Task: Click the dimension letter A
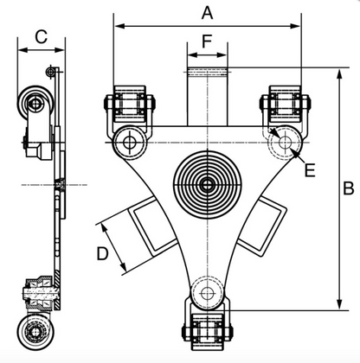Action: coord(207,12)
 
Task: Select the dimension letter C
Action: coord(40,35)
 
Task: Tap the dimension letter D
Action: coord(102,254)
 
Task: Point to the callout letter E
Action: coord(309,170)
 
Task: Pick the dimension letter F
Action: coord(207,41)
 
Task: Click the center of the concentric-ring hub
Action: coord(207,184)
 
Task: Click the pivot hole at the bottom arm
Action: coord(207,294)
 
